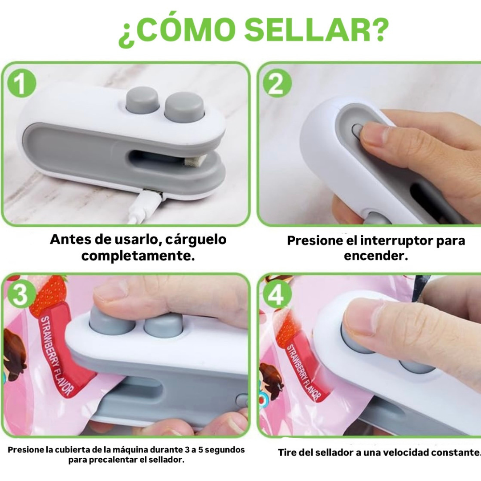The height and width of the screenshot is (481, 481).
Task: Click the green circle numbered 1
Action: coord(21,83)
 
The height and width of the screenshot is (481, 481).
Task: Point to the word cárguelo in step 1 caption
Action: coord(196,239)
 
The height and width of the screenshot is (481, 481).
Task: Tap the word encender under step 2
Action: coord(376,256)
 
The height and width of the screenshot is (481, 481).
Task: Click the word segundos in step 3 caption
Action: coord(224,450)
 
